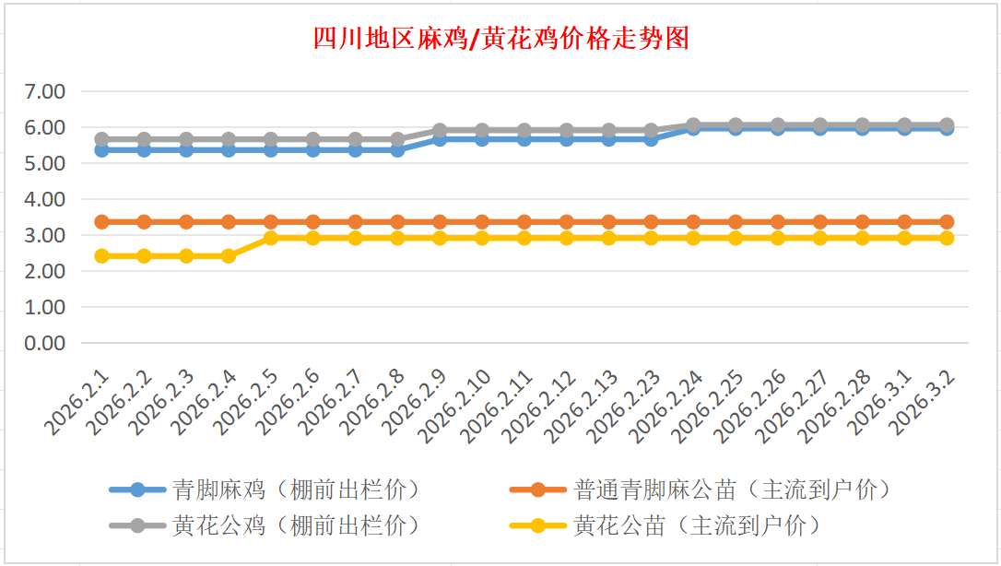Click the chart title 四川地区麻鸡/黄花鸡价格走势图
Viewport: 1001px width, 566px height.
pyautogui.click(x=500, y=39)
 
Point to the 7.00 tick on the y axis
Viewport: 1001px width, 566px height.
pyautogui.click(x=46, y=91)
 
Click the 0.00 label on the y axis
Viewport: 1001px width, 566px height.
pyautogui.click(x=46, y=343)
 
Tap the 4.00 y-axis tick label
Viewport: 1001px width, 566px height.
pyautogui.click(x=46, y=199)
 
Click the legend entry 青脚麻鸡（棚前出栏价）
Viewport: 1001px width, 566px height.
pyautogui.click(x=295, y=489)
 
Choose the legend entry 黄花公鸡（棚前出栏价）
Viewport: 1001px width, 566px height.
pyautogui.click(x=295, y=525)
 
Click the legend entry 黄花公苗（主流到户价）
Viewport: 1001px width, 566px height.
pyautogui.click(x=696, y=525)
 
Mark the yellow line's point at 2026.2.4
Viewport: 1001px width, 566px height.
pyautogui.click(x=229, y=255)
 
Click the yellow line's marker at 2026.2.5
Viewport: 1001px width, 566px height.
pyautogui.click(x=271, y=238)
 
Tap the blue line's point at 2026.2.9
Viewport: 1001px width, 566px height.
pyautogui.click(x=440, y=139)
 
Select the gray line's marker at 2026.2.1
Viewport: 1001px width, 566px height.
pyautogui.click(x=102, y=139)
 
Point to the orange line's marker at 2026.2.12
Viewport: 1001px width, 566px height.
pyautogui.click(x=567, y=221)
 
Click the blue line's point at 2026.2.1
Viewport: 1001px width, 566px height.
pyautogui.click(x=102, y=149)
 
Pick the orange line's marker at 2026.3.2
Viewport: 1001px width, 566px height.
pyautogui.click(x=947, y=221)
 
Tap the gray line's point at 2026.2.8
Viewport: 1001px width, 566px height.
pyautogui.click(x=398, y=139)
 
